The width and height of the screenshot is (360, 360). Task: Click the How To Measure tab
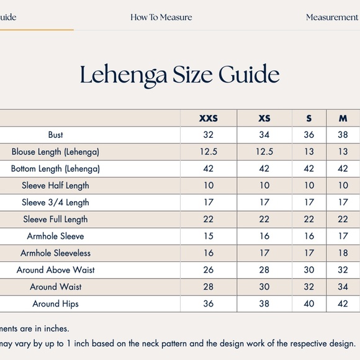(161, 17)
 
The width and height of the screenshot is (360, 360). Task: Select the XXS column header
(209, 118)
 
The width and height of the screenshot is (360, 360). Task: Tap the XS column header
(264, 118)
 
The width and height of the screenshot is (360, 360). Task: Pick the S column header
(309, 118)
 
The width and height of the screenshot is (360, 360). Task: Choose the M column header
(343, 118)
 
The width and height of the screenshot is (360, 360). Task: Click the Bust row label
(55, 135)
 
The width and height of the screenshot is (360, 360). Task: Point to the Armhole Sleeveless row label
(55, 253)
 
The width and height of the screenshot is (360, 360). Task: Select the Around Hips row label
(55, 304)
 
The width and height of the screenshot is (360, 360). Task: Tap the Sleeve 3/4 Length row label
(55, 202)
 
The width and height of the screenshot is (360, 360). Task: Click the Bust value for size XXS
(209, 135)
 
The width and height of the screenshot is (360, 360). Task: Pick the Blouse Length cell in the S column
(309, 151)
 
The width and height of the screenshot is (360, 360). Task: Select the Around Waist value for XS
(264, 287)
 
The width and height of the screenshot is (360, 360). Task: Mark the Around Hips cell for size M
(343, 304)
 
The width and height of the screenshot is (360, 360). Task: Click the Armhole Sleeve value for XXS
(209, 236)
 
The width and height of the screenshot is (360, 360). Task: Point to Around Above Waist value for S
(309, 270)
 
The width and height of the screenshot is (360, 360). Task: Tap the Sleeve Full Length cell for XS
(264, 219)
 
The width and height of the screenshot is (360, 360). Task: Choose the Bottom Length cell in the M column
(343, 168)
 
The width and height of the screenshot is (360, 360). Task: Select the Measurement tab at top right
(331, 17)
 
